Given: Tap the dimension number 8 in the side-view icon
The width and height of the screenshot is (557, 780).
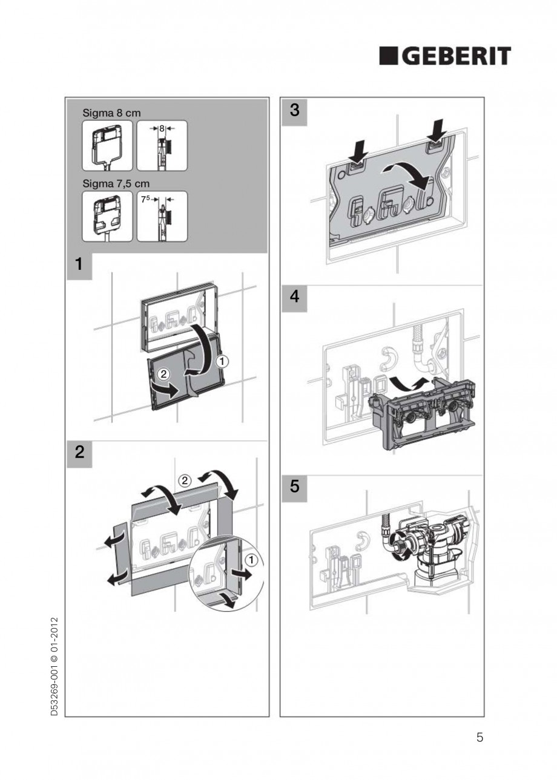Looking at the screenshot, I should coord(162,128).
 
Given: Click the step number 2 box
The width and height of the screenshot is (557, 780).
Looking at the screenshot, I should coord(79,453).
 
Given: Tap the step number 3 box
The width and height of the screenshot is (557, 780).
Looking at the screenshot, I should coord(294,111).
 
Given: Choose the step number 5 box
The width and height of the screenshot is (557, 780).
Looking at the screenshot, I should coord(294,487).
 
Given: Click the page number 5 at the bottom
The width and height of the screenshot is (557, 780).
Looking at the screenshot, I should coord(480,738).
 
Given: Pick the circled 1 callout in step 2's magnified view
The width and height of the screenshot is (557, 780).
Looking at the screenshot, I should coord(252,560).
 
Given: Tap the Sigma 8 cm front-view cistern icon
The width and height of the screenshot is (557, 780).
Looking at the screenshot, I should coord(107,145).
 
